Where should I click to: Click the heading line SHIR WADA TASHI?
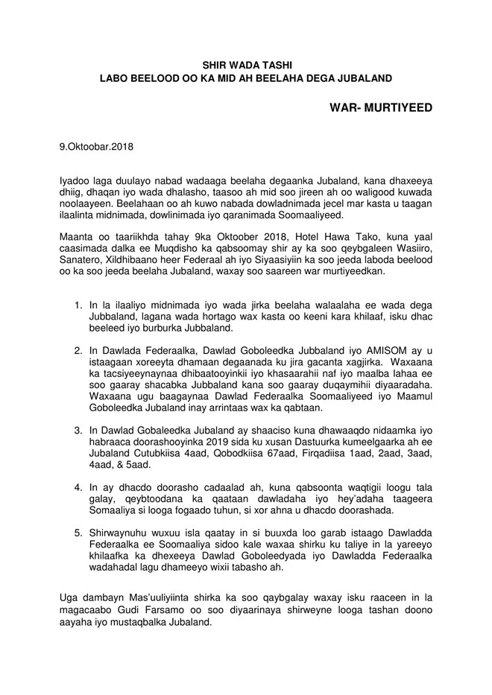coord(245,66)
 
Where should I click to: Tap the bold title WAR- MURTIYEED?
coord(380,108)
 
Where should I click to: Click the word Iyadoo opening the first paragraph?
coord(76,181)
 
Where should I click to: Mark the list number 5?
coord(78,534)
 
